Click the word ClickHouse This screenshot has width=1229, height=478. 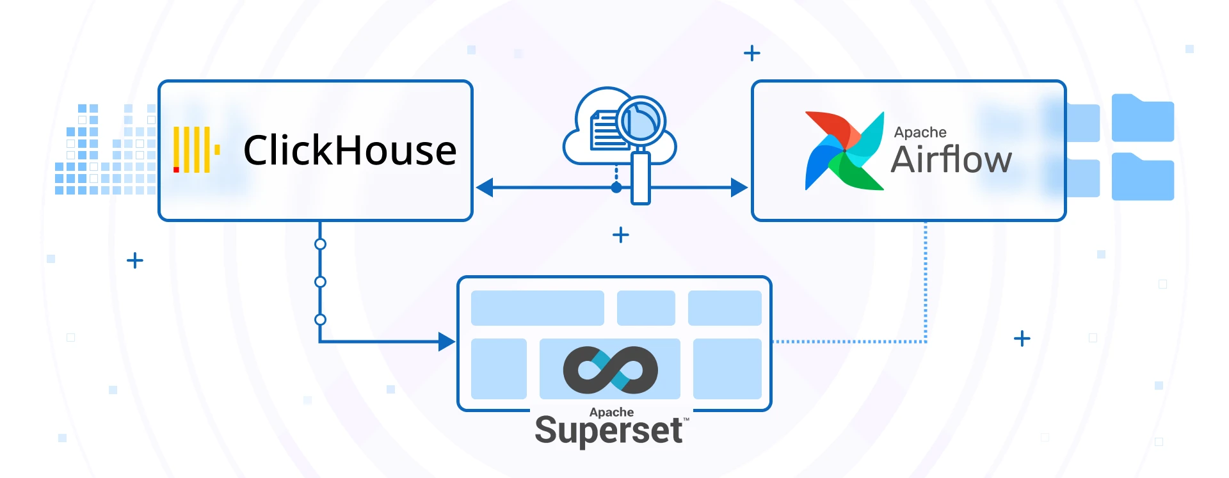click(349, 151)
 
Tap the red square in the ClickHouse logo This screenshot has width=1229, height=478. click(176, 170)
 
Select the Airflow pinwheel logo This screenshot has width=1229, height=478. click(844, 151)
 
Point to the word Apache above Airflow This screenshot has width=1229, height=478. click(920, 132)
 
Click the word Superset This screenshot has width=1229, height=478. click(608, 431)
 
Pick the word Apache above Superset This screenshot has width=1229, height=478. click(611, 412)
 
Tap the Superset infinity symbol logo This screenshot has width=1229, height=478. click(610, 369)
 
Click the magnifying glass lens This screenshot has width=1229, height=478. click(641, 121)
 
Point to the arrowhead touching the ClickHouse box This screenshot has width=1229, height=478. click(485, 187)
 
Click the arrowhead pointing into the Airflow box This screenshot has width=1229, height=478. click(739, 187)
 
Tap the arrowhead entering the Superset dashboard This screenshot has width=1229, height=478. click(447, 342)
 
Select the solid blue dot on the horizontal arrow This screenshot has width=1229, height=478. click(616, 187)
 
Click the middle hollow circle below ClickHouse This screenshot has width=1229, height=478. click(321, 282)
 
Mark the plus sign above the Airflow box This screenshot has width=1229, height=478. click(752, 53)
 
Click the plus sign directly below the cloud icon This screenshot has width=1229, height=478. click(620, 235)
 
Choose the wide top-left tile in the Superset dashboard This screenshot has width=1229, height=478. click(537, 308)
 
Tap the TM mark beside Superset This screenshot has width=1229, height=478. click(686, 420)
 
